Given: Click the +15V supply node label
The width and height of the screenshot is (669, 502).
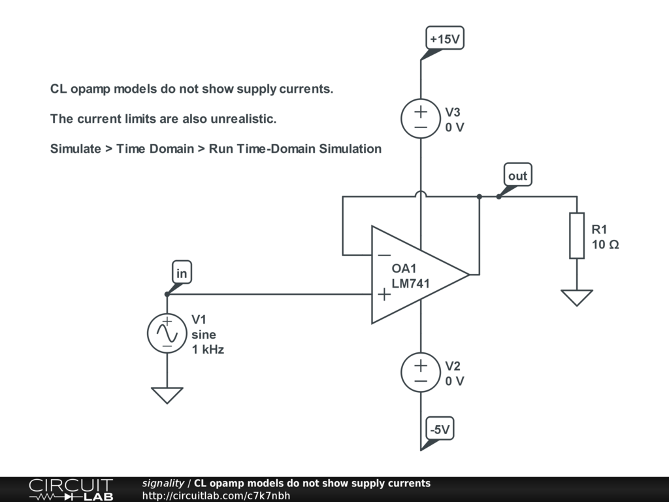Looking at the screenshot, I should coord(445,39).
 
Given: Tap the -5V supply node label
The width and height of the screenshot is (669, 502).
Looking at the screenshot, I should coord(439,429).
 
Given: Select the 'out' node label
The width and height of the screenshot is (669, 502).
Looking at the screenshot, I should coord(517,176).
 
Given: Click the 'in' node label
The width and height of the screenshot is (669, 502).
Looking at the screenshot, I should coord(182,273).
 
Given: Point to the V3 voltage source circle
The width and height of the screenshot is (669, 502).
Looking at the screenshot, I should coord(421,118).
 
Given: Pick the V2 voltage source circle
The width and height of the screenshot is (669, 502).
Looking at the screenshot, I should coord(421,373).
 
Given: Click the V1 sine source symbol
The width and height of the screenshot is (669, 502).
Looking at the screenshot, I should coord(167,333).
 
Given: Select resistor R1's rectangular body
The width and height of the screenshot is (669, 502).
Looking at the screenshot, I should coord(577,235).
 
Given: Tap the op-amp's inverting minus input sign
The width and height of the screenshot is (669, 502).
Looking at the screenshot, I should coord(385,256).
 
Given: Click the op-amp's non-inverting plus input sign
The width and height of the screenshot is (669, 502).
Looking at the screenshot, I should coord(385,294).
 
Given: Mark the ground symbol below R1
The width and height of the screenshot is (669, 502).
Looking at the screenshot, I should coord(577,297).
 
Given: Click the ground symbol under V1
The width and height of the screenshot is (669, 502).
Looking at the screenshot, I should coord(167,395).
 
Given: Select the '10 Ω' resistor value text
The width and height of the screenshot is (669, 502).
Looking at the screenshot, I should coord(605,245).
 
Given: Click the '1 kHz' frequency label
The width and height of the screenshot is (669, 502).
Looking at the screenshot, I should coord(208,350).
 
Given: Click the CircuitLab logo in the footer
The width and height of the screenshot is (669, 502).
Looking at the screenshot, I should coord(71,490).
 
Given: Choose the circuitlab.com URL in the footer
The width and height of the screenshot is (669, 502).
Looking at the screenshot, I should coord(216,496).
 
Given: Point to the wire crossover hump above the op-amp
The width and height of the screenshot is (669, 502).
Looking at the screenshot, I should coord(421,194).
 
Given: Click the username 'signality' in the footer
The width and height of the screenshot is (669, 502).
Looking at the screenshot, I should coord(163,484).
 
